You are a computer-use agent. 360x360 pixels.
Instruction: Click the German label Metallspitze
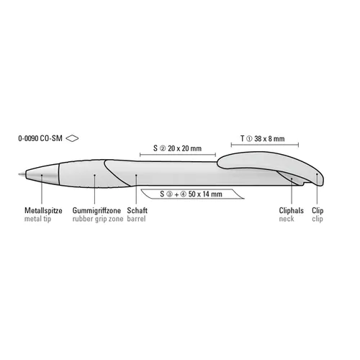(x=43, y=210)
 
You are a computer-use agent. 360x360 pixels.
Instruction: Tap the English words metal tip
(x=37, y=219)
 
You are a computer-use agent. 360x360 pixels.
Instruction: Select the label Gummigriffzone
(x=96, y=210)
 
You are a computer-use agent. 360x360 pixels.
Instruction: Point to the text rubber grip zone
(x=98, y=219)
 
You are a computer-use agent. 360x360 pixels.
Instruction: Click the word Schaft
(x=137, y=210)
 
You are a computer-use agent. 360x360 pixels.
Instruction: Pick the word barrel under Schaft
(x=136, y=219)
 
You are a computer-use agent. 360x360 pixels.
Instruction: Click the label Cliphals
(x=291, y=210)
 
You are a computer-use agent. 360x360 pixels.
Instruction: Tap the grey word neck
(x=287, y=219)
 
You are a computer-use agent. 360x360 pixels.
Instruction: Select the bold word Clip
(x=318, y=210)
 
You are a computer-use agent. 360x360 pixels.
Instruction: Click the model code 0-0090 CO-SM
(x=40, y=138)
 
